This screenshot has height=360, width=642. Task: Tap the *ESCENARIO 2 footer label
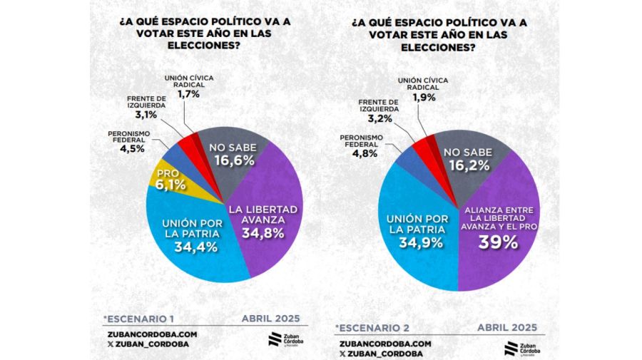pos(373,328)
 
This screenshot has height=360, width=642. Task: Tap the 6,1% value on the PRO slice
pos(168,185)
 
